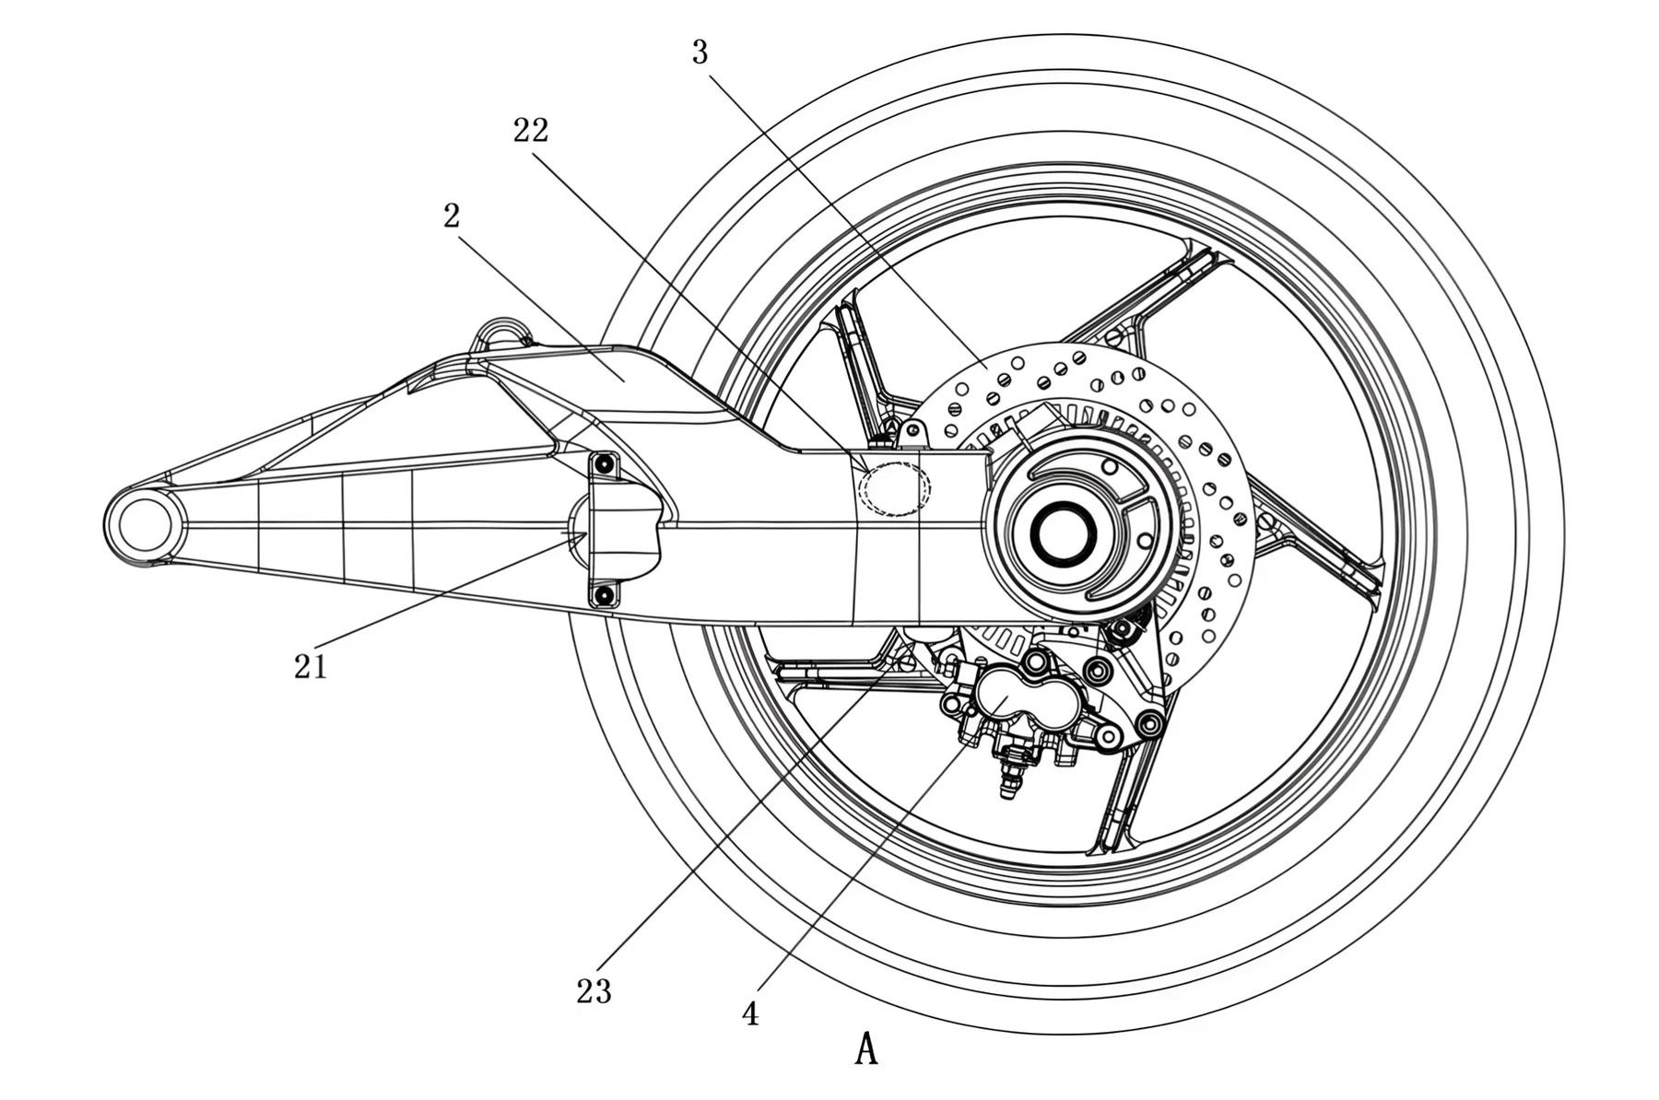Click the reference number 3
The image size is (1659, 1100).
point(700,53)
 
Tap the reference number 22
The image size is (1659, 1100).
point(531,131)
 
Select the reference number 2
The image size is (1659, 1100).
point(452,216)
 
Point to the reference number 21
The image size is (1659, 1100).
point(311,666)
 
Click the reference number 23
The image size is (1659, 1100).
point(594,991)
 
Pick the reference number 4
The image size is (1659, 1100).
point(750,1013)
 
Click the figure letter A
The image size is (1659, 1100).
point(865,1049)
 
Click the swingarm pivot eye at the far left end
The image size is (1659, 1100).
point(143,526)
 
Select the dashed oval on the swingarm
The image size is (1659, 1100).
point(894,488)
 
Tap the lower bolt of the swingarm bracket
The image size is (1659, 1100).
point(604,596)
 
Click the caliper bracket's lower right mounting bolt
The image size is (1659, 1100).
point(1149,725)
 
